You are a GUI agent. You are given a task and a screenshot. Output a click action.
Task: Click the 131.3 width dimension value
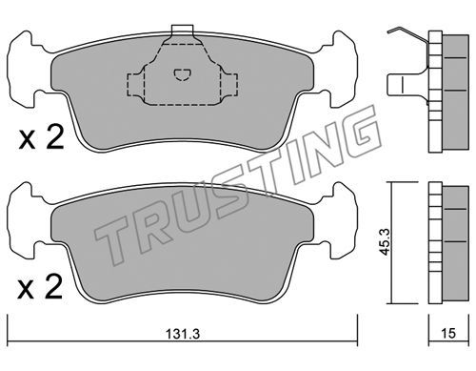[x=183, y=334]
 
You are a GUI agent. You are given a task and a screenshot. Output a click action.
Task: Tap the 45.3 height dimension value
[x=386, y=242]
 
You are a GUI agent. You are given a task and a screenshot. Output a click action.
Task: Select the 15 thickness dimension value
[x=448, y=333]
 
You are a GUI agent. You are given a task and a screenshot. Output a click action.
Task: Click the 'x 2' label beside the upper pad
[x=41, y=138]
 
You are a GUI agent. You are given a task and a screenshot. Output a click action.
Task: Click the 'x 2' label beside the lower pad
[x=40, y=288]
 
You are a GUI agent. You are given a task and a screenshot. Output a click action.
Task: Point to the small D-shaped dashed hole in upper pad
[x=182, y=75]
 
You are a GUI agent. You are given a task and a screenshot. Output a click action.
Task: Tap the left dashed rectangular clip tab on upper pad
[x=135, y=85]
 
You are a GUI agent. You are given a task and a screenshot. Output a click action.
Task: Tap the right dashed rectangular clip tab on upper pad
[x=229, y=85]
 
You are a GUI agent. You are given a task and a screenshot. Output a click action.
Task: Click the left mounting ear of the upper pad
[x=27, y=70]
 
